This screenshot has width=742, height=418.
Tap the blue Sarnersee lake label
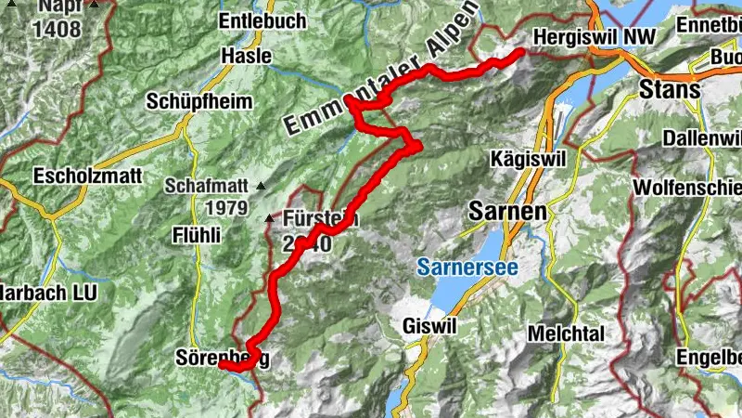click(x=467, y=268)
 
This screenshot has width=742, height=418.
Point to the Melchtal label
click(x=566, y=333)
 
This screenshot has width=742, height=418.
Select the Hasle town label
click(x=247, y=56)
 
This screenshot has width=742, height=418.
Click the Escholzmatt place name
click(x=78, y=175)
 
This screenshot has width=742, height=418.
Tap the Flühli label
click(x=197, y=235)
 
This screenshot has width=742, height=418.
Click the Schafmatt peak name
click(x=208, y=185)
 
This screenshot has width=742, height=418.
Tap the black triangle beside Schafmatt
click(x=260, y=186)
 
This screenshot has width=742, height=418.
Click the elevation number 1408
click(x=59, y=28)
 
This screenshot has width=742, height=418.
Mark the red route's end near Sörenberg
click(x=223, y=365)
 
